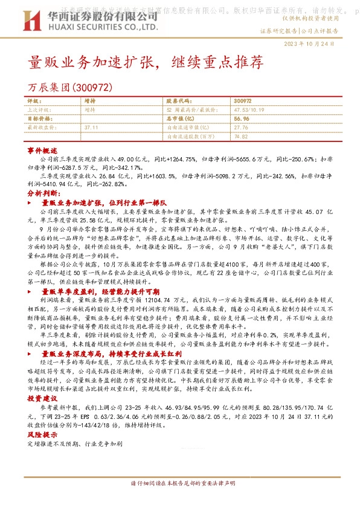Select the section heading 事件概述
click(42, 149)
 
